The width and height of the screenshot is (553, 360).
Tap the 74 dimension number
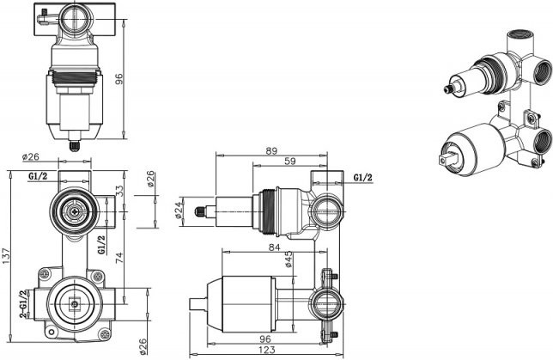coord(119,255)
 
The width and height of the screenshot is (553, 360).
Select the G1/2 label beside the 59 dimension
coord(363,176)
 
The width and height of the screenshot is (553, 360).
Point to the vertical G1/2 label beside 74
coord(101,245)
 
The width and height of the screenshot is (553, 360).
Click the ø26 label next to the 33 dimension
coord(149,183)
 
